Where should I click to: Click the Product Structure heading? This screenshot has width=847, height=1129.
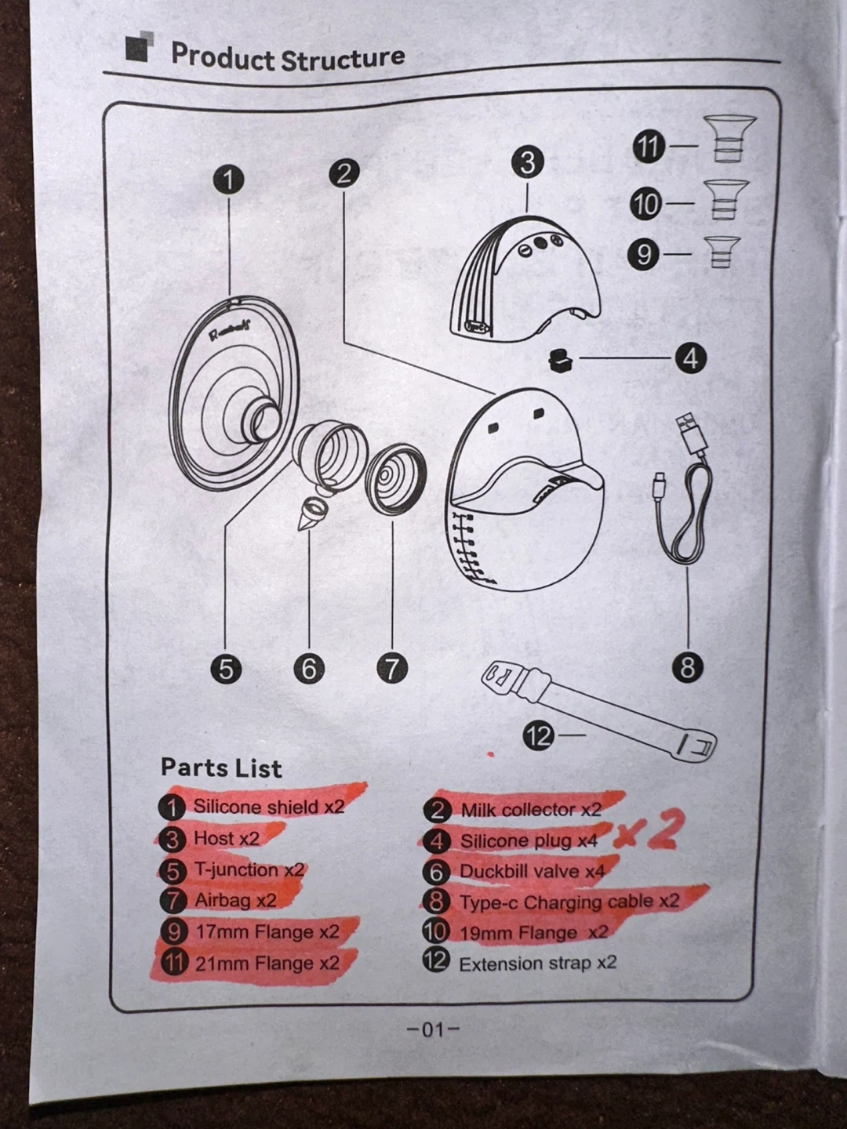[288, 56]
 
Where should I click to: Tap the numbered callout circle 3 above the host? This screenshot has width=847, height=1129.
[528, 162]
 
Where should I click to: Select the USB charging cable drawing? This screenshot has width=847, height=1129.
[683, 489]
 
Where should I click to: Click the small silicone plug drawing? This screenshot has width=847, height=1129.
[562, 359]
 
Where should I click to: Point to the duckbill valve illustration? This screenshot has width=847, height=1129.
[313, 512]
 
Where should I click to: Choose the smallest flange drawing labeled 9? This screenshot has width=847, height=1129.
[722, 252]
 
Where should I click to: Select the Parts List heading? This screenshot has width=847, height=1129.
[221, 768]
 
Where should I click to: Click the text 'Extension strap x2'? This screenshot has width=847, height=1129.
[537, 964]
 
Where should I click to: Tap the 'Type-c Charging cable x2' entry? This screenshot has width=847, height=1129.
[569, 902]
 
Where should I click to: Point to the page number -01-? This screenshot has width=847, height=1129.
[432, 1029]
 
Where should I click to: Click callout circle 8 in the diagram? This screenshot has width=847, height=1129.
[688, 668]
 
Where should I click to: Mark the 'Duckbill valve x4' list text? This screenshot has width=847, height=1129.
[532, 871]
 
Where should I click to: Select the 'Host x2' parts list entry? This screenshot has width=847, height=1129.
[227, 838]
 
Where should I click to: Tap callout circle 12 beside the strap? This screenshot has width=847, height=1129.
[538, 736]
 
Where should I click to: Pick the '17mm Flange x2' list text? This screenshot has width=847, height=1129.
[267, 932]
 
